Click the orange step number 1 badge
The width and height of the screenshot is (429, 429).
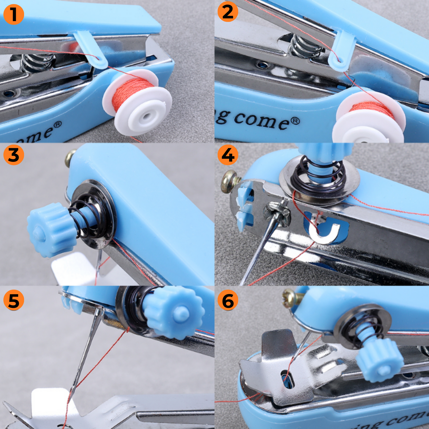[x=14, y=14]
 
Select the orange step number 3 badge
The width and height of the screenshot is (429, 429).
[x=14, y=155]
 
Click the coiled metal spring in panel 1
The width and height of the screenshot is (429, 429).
[x=37, y=63]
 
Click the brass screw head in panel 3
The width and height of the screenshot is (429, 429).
[x=70, y=158]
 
